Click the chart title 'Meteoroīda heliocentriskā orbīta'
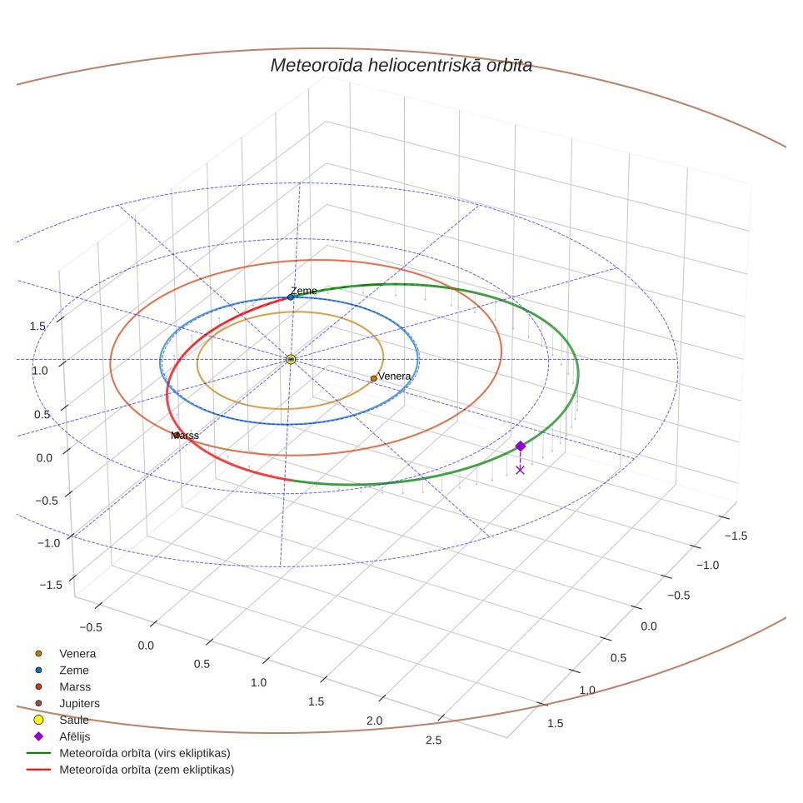tap(401, 66)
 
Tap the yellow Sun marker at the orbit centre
tap(291, 360)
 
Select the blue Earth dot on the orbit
tap(291, 297)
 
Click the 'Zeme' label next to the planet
tap(304, 291)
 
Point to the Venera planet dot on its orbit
tap(374, 378)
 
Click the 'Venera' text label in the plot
tap(394, 376)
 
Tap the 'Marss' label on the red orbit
tap(185, 436)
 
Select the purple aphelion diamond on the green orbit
tap(521, 446)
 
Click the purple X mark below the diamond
tap(521, 470)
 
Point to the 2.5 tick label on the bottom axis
tap(433, 740)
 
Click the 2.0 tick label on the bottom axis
tap(374, 721)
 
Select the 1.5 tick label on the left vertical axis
tap(37, 327)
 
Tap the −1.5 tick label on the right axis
tap(736, 536)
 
